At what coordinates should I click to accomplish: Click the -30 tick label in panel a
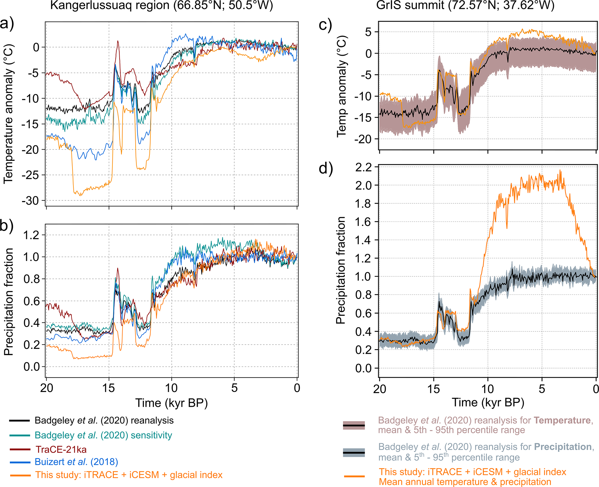click(30, 200)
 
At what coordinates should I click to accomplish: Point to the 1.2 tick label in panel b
click(31, 235)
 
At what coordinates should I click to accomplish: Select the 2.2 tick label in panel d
click(364, 167)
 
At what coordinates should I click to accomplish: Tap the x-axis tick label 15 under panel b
click(108, 388)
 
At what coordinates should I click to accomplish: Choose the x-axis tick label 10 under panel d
click(488, 389)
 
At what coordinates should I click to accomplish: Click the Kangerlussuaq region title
click(162, 6)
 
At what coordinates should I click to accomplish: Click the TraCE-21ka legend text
click(61, 449)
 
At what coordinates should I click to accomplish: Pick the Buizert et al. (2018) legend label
click(76, 462)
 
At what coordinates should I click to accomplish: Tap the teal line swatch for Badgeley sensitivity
click(20, 435)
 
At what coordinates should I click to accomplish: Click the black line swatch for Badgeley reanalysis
click(20, 421)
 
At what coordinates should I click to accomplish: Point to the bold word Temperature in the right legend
click(562, 420)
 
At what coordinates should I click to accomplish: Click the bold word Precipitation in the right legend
click(563, 447)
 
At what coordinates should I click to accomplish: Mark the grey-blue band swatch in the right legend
click(354, 453)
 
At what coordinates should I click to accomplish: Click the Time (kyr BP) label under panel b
click(171, 403)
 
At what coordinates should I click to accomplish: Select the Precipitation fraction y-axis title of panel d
click(341, 270)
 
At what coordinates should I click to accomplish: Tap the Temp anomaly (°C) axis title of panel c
click(341, 86)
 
